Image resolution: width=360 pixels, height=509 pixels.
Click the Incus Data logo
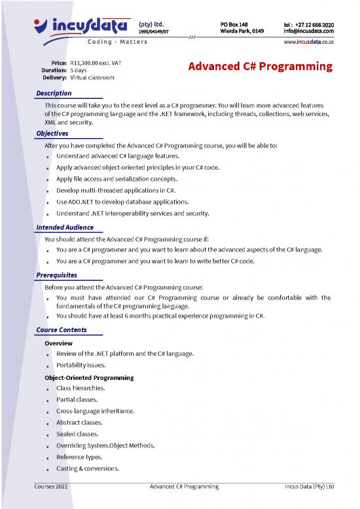tap(82, 26)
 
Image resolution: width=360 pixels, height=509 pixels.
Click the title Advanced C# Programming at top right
tap(260, 67)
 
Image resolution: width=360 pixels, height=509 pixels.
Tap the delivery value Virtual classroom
tap(92, 77)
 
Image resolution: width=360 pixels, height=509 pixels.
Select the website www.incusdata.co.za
tap(308, 42)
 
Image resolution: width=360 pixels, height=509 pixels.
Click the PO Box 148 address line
tap(234, 24)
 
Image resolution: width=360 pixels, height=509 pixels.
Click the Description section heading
tap(54, 94)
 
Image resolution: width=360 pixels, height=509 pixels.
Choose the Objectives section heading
tap(52, 134)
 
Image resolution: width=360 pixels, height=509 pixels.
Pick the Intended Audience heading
tap(65, 227)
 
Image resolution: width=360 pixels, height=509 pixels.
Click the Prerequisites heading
tap(57, 275)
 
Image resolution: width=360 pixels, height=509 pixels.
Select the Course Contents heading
tap(62, 330)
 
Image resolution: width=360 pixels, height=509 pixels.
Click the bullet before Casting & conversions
tap(48, 470)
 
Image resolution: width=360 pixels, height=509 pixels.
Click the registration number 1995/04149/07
tap(154, 31)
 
